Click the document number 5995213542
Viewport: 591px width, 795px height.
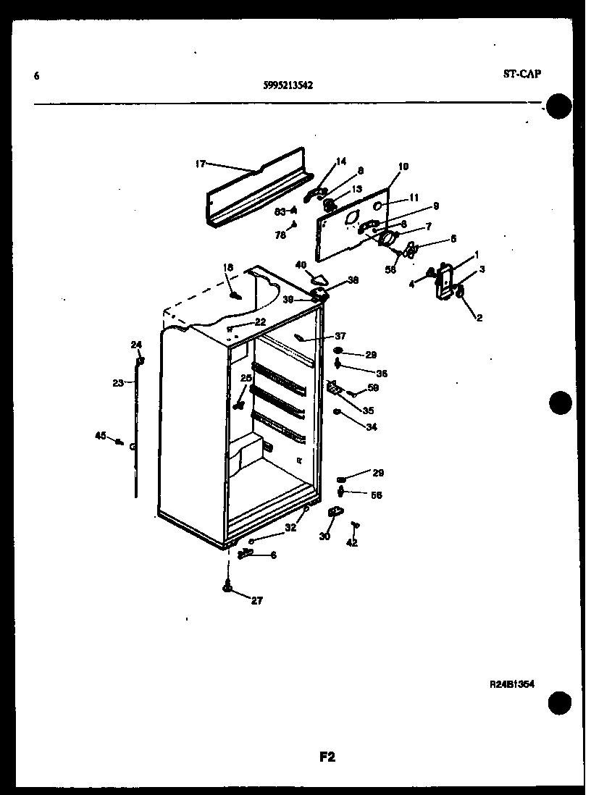point(288,84)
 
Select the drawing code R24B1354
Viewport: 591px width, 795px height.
point(511,683)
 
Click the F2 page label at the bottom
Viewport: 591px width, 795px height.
point(327,757)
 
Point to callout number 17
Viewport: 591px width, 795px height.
point(201,164)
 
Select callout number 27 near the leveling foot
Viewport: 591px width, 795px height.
point(257,600)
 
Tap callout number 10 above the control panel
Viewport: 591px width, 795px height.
point(403,167)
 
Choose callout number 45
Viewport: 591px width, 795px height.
point(101,435)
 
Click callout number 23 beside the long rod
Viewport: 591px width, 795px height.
point(118,383)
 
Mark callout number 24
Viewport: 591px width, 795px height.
point(136,344)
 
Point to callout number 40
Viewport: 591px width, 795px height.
point(301,265)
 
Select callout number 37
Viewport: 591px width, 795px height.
point(340,335)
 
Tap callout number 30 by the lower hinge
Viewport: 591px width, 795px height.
point(324,537)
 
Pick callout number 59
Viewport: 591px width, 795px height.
point(373,387)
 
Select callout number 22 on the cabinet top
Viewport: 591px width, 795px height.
point(260,321)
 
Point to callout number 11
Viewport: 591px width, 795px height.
point(414,196)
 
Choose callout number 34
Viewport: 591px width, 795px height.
point(371,426)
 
